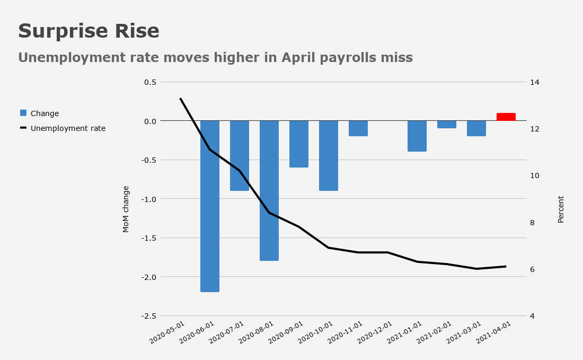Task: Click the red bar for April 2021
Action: [506, 117]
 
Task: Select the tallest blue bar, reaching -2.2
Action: [210, 206]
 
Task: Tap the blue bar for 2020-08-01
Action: [269, 191]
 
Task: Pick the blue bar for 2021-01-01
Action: [417, 136]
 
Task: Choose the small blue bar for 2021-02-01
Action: [447, 125]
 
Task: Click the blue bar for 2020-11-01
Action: [358, 128]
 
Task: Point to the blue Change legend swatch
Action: [23, 113]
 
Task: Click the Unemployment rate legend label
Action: [68, 128]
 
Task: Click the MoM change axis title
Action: [126, 209]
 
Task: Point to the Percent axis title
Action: [561, 209]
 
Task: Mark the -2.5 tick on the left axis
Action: [149, 316]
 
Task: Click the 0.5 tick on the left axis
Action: [150, 82]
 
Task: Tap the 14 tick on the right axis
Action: [535, 82]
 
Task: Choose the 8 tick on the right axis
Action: [533, 222]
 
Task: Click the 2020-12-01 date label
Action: [375, 332]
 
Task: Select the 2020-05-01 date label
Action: [167, 332]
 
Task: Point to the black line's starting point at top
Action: [180, 98]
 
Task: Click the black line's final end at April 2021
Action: [506, 266]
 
